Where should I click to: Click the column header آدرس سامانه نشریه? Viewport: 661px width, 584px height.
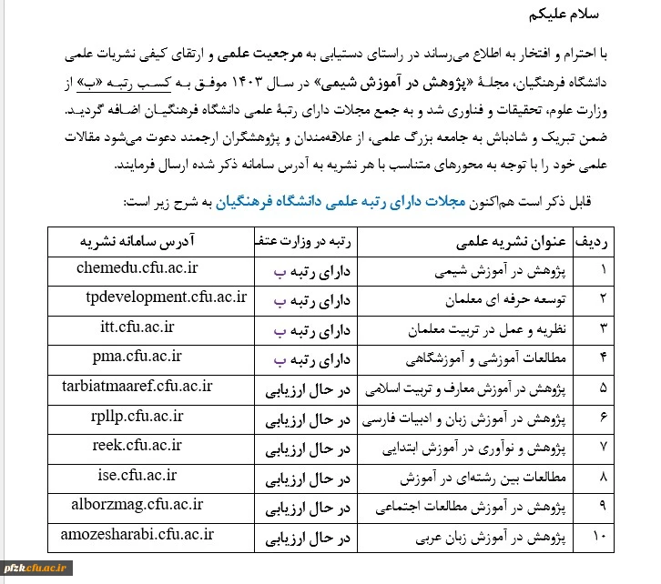[x=150, y=239]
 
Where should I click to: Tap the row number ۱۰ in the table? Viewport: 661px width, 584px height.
[x=599, y=539]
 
